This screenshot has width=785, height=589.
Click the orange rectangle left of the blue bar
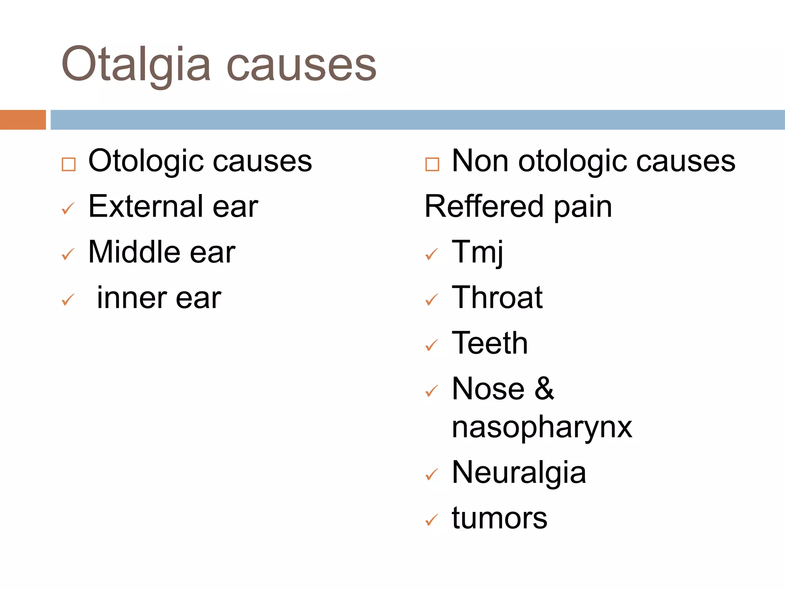pyautogui.click(x=23, y=120)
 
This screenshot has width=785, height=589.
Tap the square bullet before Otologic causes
pyautogui.click(x=69, y=165)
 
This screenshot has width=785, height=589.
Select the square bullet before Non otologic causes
pyautogui.click(x=432, y=165)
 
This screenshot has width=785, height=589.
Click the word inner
pyautogui.click(x=132, y=298)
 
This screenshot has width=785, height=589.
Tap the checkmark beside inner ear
pyautogui.click(x=68, y=300)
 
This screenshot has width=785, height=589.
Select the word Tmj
pyautogui.click(x=477, y=252)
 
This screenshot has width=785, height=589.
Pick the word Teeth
pyautogui.click(x=490, y=343)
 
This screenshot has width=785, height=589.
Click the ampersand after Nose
pyautogui.click(x=544, y=389)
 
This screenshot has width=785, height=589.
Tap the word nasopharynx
pyautogui.click(x=542, y=427)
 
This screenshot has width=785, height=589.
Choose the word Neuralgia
pyautogui.click(x=519, y=472)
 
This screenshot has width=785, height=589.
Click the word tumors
pyautogui.click(x=499, y=518)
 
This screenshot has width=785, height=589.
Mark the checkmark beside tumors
pyautogui.click(x=432, y=520)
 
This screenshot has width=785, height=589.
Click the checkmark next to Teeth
pyautogui.click(x=432, y=346)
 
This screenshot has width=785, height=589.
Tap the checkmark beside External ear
pyautogui.click(x=68, y=209)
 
